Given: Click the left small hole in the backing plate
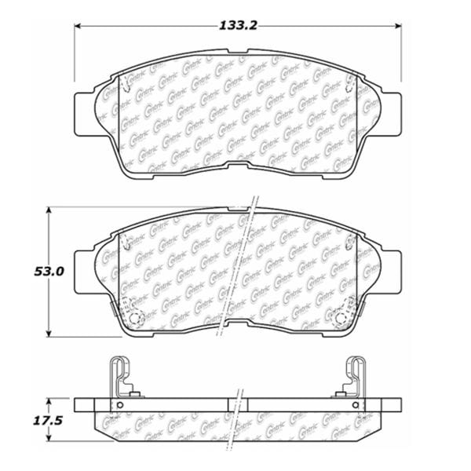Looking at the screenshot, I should [x=120, y=405].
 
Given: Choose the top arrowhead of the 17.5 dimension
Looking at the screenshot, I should [x=49, y=400].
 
